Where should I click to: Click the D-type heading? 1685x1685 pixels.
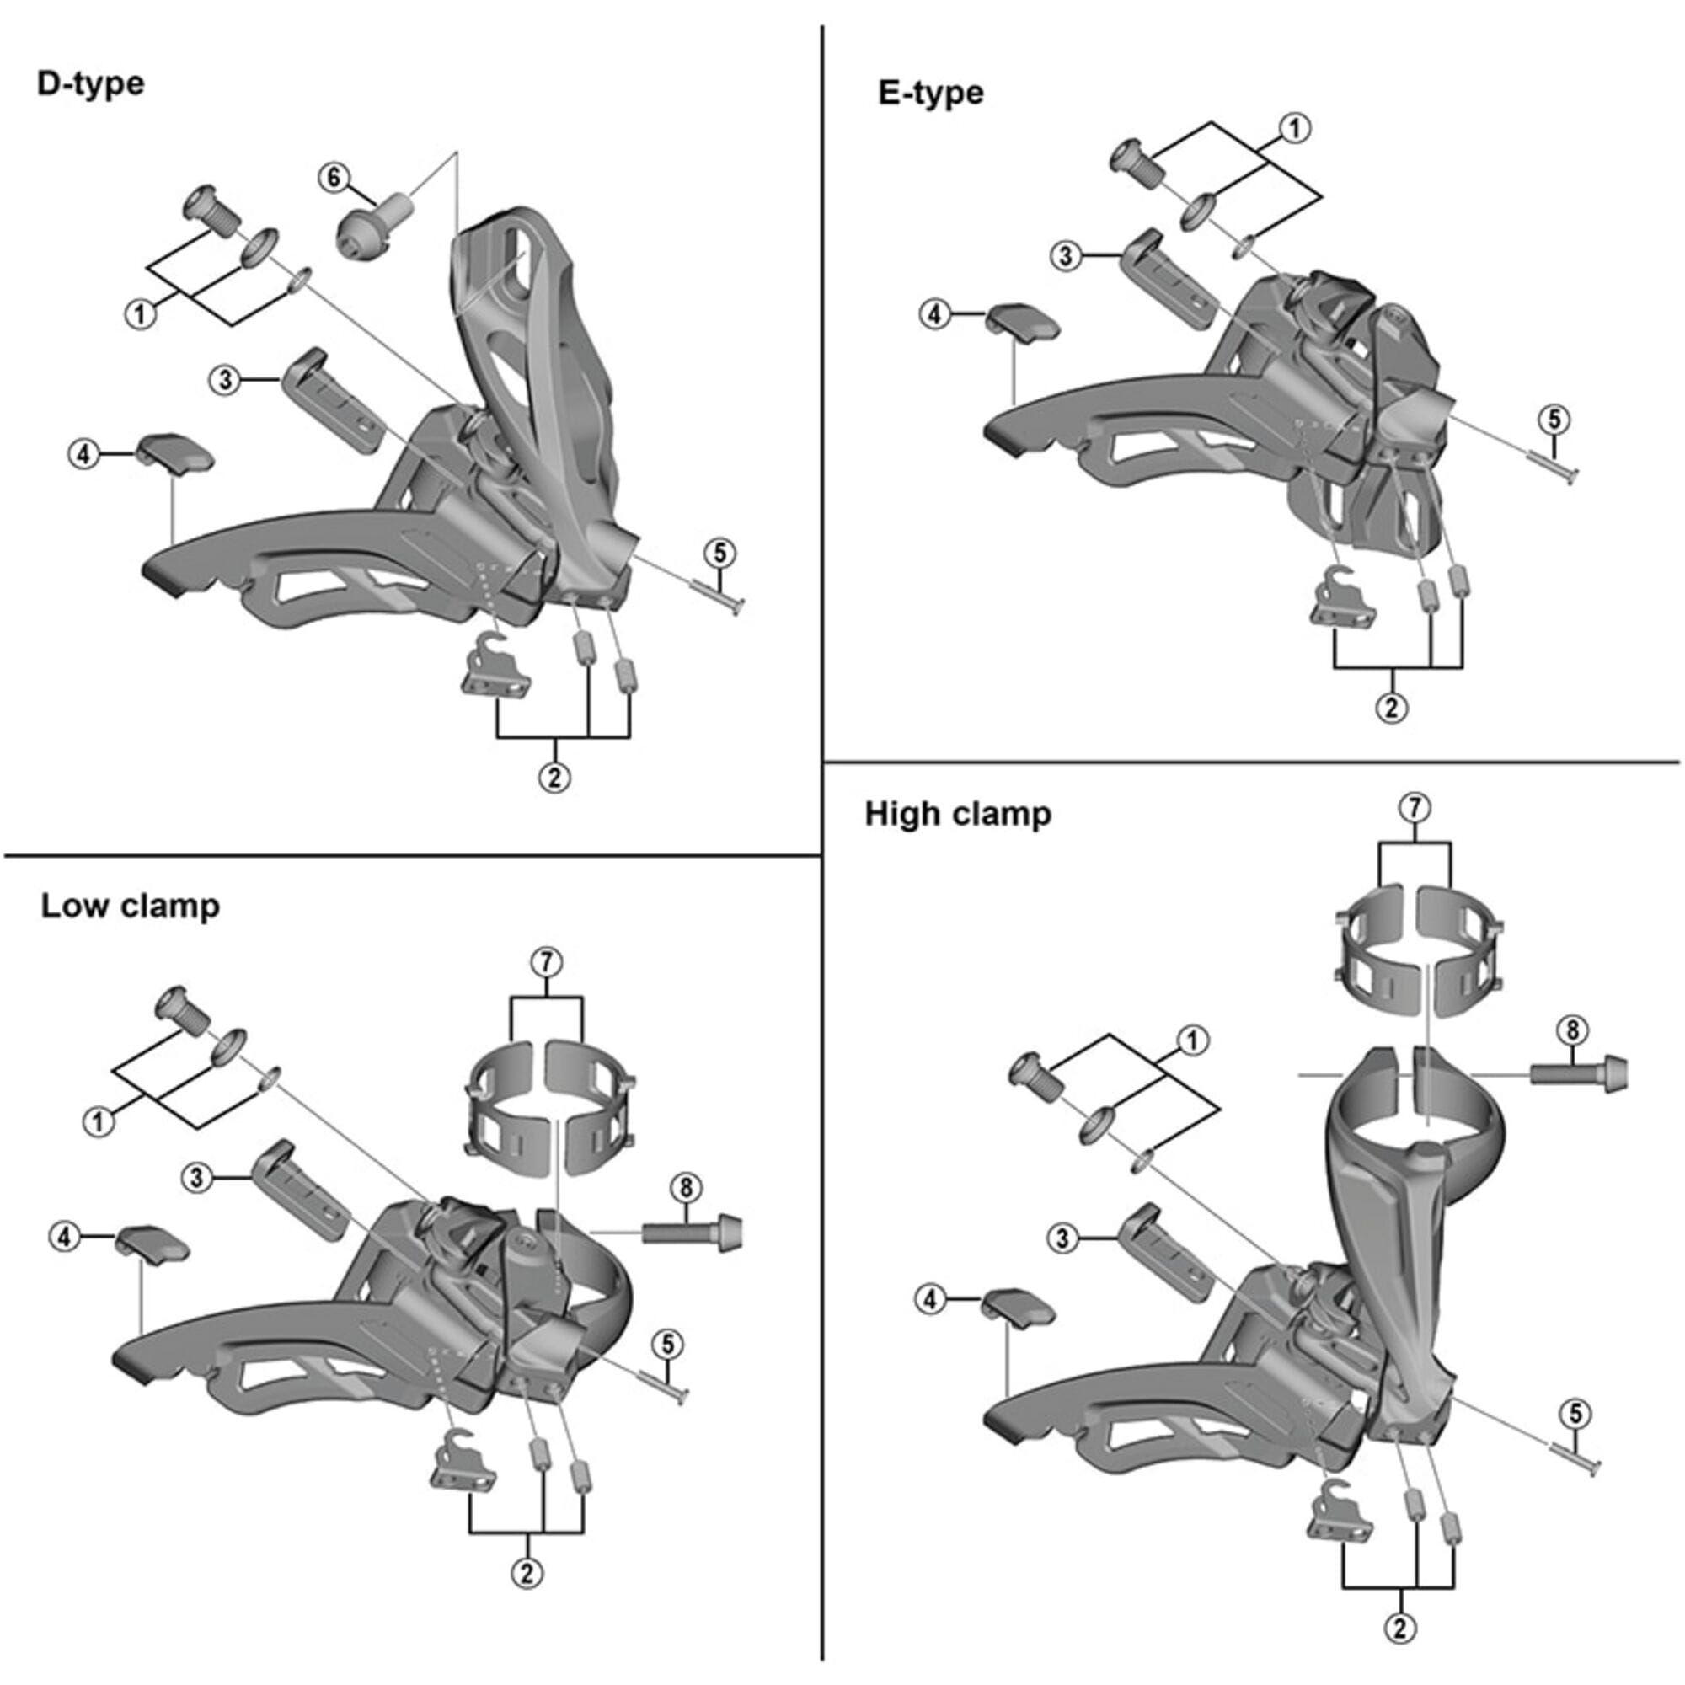[91, 84]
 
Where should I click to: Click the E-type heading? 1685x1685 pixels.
[931, 93]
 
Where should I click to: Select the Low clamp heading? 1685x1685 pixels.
[130, 907]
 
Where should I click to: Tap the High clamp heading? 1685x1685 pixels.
[958, 814]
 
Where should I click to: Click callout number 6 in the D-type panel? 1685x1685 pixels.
[333, 177]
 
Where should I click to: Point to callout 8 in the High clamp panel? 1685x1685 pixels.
[1571, 1030]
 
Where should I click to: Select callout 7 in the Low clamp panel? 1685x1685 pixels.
[546, 963]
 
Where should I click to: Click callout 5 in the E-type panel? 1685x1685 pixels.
[1554, 420]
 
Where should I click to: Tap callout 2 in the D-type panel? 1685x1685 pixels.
[555, 776]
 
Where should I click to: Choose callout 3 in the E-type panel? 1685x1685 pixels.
[1066, 256]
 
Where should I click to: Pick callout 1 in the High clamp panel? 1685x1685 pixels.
[1192, 1040]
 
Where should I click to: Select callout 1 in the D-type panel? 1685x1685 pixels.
[141, 313]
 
